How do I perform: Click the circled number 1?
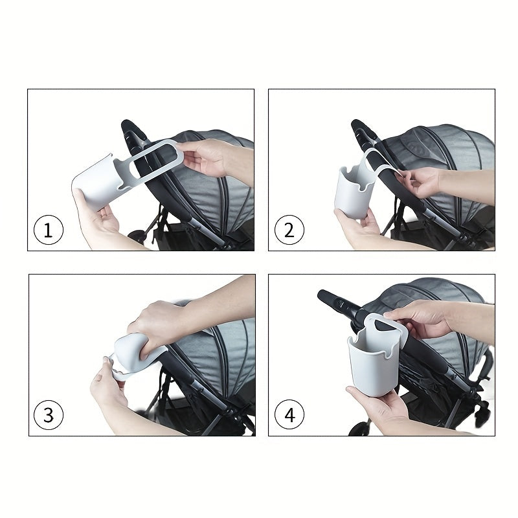click(x=49, y=231)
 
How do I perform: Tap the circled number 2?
click(x=289, y=231)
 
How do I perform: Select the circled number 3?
click(x=49, y=416)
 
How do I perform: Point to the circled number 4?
click(x=289, y=416)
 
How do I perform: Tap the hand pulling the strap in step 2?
click(x=425, y=181)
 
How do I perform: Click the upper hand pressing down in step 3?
click(x=155, y=324)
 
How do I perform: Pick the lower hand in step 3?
click(x=107, y=388)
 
